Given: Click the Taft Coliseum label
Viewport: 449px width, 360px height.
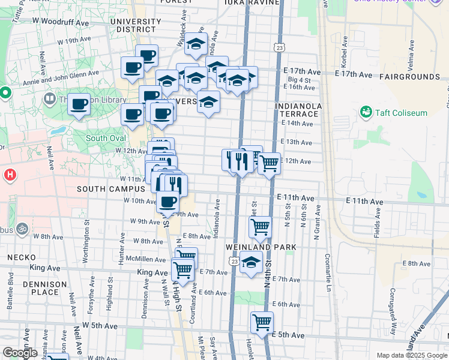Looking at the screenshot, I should [401, 112].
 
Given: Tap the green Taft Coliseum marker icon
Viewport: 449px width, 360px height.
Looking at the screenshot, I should [366, 112].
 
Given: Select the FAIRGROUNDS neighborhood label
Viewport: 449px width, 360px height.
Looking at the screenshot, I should [409, 77].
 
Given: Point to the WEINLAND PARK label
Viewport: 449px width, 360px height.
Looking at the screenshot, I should [261, 247].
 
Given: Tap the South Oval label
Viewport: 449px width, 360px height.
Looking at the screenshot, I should [105, 138].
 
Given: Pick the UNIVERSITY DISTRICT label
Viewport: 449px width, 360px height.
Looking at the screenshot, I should [135, 25].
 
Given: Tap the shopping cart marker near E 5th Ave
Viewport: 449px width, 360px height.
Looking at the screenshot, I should [262, 322].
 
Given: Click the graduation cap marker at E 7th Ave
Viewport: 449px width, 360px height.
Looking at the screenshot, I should [251, 262].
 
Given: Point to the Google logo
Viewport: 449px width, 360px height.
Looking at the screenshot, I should [19, 353].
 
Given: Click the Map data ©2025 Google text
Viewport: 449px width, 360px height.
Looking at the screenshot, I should [411, 355].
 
